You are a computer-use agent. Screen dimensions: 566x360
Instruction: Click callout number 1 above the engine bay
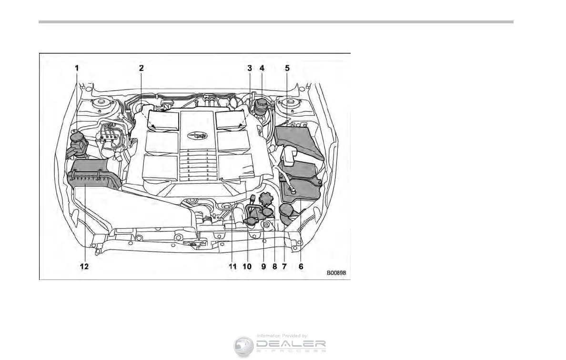[x=77, y=68]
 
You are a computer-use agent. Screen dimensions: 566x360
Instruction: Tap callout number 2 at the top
[x=141, y=68]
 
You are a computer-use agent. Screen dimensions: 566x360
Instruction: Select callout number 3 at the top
[x=249, y=68]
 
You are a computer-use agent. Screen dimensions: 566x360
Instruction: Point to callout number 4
[x=262, y=68]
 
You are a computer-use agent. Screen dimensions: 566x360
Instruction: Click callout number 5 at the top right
[x=287, y=68]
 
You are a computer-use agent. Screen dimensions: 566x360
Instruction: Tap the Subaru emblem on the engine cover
[x=198, y=135]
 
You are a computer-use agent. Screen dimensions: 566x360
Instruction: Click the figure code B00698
[x=336, y=273]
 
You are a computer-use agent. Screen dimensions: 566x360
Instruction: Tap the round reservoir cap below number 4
[x=262, y=108]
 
